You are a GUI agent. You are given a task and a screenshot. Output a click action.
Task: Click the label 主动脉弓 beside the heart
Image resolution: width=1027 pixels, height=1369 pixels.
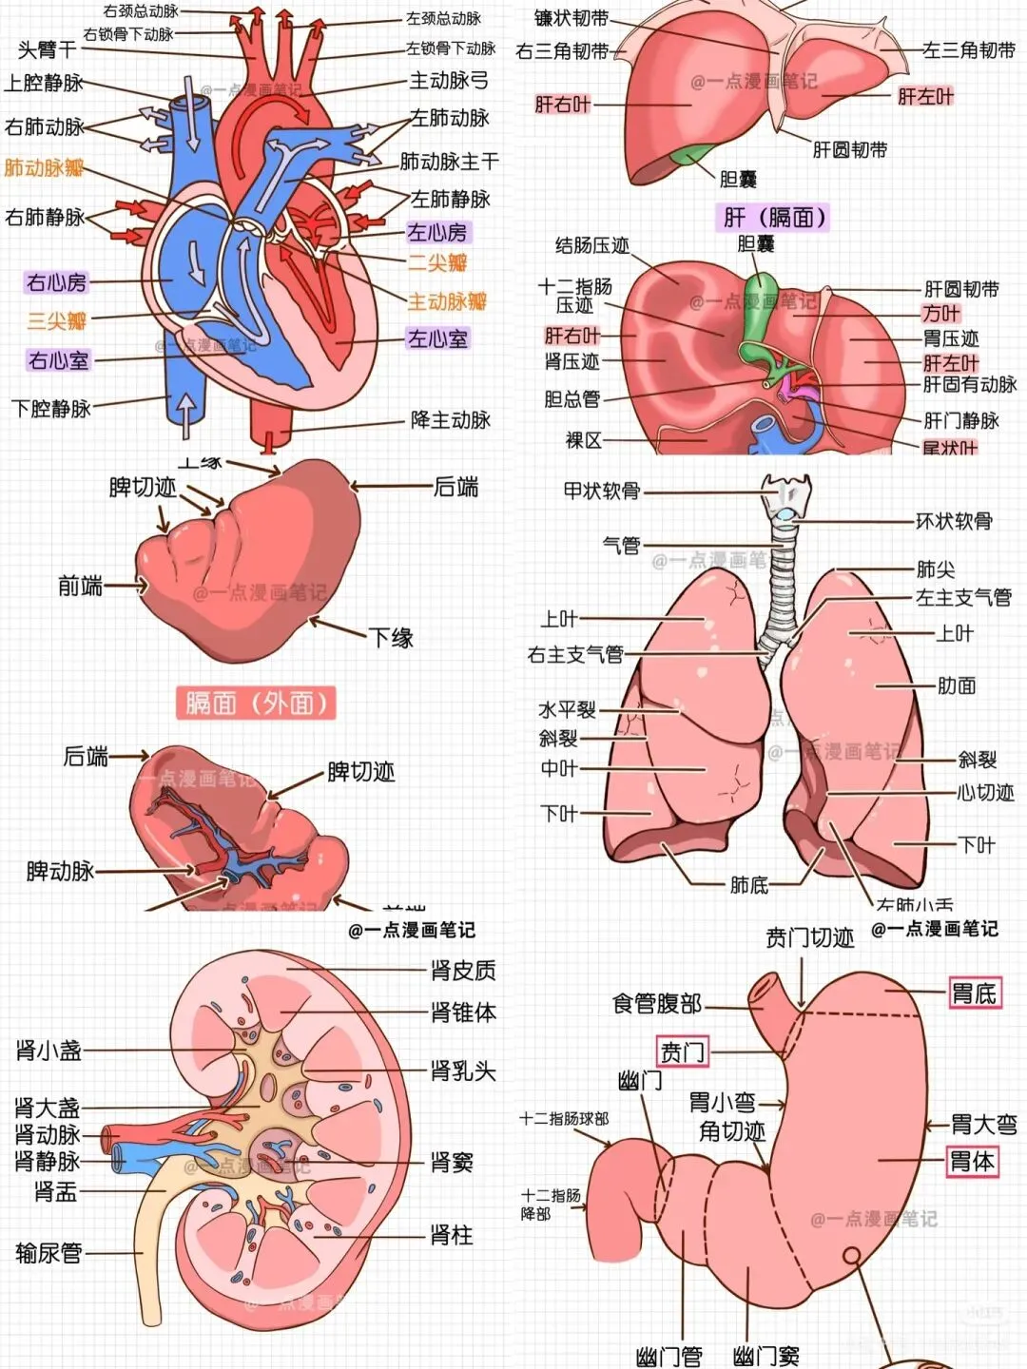coord(449,82)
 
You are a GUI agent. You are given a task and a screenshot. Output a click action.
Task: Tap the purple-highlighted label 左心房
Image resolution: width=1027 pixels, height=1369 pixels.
coord(437,233)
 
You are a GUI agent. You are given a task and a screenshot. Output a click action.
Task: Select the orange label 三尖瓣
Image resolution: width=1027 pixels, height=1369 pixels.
coord(57,320)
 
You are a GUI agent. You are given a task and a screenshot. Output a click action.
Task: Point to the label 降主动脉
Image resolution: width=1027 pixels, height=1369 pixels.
coord(451,419)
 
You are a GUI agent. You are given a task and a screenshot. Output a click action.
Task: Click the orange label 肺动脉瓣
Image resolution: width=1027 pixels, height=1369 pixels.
coord(44,168)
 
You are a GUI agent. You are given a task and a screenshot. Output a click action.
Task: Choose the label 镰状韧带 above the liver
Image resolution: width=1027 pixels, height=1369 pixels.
coord(571,18)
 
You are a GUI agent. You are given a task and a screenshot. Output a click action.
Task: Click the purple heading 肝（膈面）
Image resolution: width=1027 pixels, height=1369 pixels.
coord(773,218)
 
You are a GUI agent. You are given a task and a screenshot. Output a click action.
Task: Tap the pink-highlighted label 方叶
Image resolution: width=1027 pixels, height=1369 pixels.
coord(941,314)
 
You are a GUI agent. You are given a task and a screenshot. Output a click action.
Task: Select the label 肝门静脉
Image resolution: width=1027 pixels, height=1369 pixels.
coord(961,420)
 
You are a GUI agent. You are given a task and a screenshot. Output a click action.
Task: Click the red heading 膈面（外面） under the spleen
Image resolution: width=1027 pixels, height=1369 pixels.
coord(256,704)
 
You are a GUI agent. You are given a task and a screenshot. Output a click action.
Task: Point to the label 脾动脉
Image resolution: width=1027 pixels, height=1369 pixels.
coord(60,871)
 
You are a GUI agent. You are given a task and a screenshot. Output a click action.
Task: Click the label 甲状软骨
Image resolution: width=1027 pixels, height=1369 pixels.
coord(601,492)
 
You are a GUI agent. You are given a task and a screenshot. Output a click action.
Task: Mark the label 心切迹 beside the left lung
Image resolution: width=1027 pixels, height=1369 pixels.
coord(985,792)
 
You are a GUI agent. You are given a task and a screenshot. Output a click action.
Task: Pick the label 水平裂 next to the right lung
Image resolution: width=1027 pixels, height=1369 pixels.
coord(568,710)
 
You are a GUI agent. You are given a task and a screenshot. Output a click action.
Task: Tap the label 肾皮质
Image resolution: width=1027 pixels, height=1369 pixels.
coord(463,971)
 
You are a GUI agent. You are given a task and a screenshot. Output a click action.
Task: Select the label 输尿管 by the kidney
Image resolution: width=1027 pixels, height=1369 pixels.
coord(48,1253)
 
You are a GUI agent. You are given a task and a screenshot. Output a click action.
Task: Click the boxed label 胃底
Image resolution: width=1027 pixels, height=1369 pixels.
coord(974,994)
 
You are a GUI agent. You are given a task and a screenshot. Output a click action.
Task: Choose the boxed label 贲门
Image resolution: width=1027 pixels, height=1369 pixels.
coord(683,1052)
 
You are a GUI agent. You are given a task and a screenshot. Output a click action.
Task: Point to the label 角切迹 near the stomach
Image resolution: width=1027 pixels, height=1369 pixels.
coord(732,1131)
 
